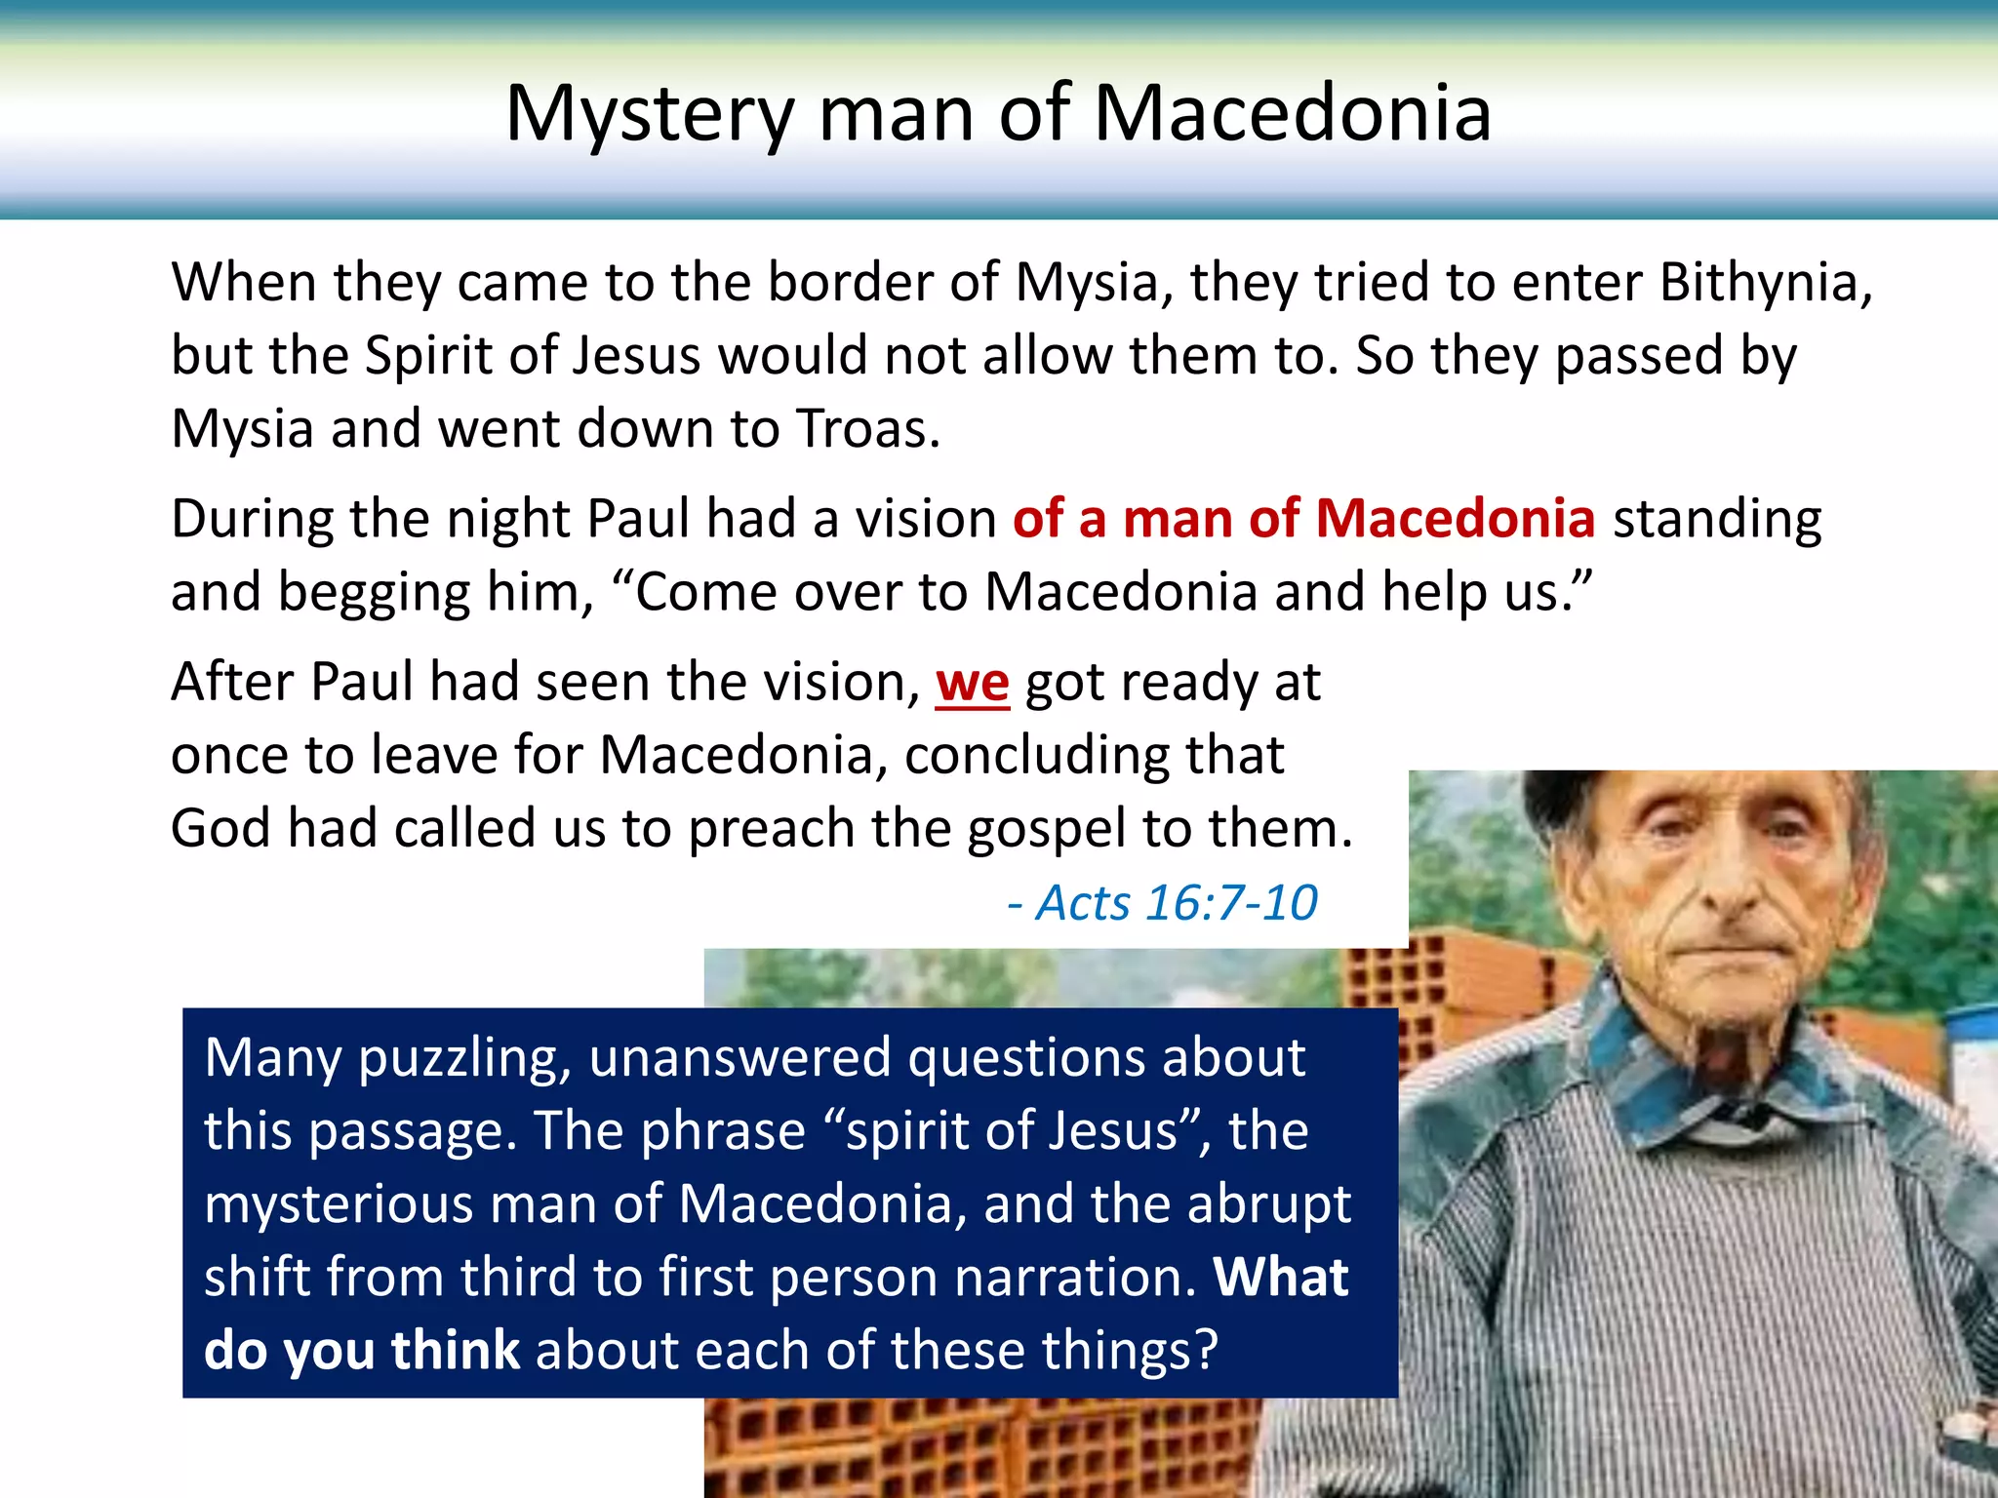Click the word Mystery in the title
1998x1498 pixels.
pos(650,115)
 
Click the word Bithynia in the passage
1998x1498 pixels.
pos(1766,282)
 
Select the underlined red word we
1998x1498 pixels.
pos(972,682)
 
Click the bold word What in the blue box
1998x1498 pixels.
pos(1281,1277)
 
